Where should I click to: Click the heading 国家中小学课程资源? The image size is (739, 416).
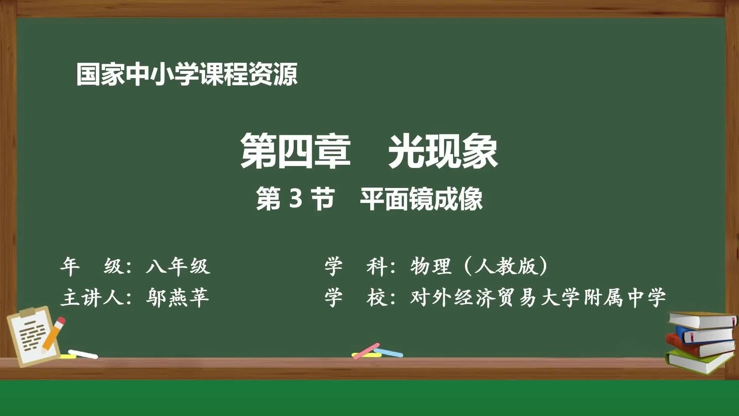point(187,74)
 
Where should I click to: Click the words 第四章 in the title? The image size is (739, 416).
point(295,151)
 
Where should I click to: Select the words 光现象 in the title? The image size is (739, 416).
point(443,151)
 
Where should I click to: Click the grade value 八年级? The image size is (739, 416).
point(178,266)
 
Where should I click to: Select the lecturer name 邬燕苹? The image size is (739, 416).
point(177,298)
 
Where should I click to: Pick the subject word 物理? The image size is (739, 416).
point(431,266)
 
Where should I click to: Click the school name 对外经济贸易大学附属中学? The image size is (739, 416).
point(538,298)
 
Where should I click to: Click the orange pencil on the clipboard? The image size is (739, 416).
point(53,334)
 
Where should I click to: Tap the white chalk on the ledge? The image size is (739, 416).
point(83,354)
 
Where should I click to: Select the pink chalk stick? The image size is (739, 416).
point(366,351)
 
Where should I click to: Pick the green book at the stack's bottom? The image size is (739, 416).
point(699,361)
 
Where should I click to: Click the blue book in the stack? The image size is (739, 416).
point(706,334)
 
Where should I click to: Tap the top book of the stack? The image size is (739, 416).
point(702,320)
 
